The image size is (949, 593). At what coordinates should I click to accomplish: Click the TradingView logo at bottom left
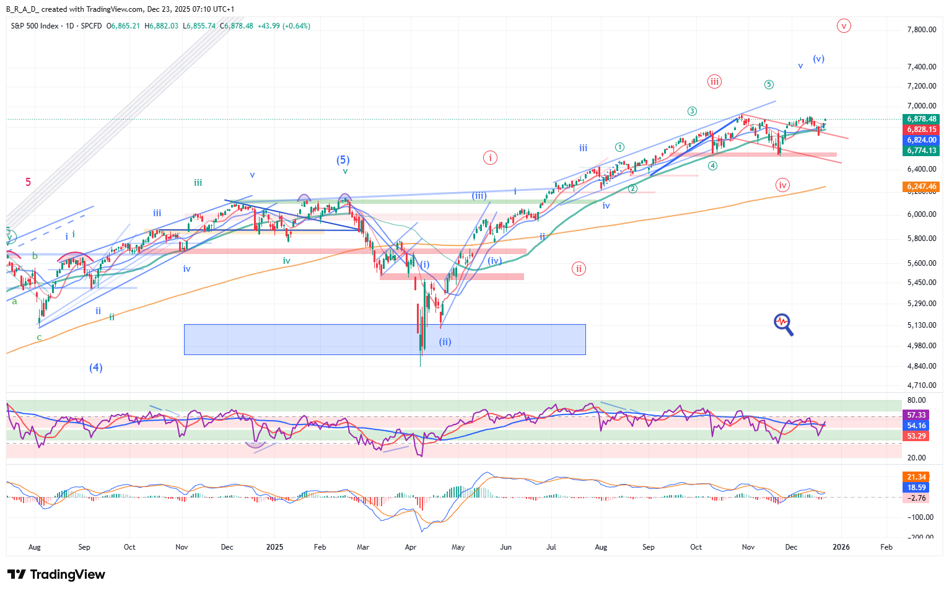56,574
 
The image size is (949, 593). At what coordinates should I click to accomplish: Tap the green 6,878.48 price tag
921,119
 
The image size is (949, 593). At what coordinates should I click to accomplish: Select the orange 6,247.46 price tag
921,187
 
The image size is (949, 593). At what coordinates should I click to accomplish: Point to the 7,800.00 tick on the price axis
921,30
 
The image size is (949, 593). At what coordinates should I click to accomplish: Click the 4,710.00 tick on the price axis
921,385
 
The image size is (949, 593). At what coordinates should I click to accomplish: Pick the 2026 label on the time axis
841,547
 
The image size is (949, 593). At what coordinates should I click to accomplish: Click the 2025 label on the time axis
274,547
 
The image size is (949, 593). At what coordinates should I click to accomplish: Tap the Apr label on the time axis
410,547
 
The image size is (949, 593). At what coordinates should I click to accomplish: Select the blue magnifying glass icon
783,323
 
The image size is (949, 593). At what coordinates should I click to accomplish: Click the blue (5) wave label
343,160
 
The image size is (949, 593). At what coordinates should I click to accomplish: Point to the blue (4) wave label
95,367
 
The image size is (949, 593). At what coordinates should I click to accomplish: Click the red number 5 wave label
28,182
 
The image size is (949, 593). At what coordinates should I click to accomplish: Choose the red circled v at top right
843,26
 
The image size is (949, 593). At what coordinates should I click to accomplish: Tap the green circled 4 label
713,165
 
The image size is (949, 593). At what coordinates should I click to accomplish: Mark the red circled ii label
579,268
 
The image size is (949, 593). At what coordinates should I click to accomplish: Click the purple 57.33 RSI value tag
916,415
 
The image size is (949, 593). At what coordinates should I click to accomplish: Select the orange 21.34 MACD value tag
916,477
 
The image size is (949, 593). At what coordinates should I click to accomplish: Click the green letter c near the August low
39,338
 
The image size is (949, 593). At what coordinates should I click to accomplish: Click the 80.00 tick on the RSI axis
916,400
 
